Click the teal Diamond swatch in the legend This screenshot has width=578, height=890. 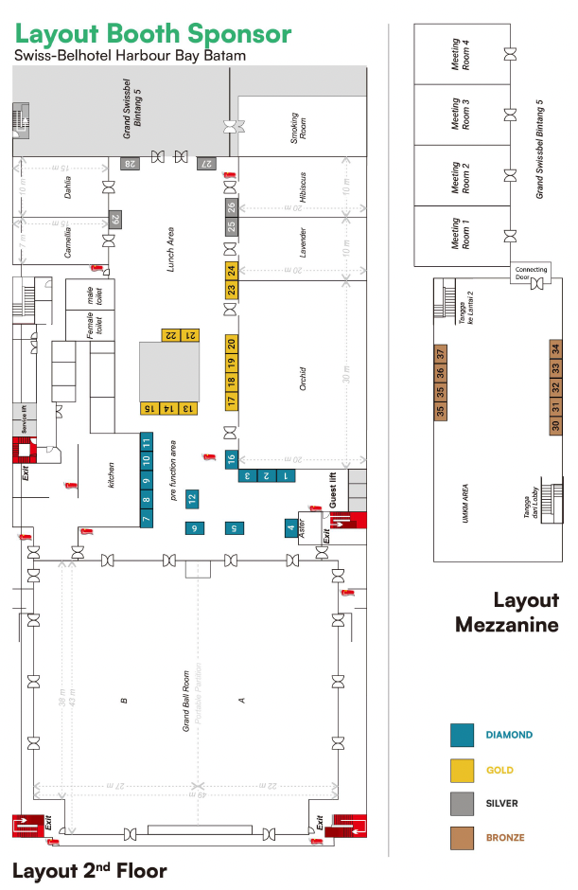pyautogui.click(x=462, y=736)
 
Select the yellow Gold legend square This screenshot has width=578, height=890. pyautogui.click(x=462, y=770)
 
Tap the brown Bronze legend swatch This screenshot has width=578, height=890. pyautogui.click(x=462, y=837)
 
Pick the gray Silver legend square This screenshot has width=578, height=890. pyautogui.click(x=462, y=803)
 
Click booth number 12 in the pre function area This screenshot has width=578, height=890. pyautogui.click(x=192, y=497)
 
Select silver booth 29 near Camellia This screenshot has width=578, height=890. pyautogui.click(x=115, y=220)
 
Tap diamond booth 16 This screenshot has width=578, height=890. pyautogui.click(x=231, y=460)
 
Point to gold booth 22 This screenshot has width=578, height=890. pyautogui.click(x=171, y=334)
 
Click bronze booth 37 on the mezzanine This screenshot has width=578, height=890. pyautogui.click(x=441, y=354)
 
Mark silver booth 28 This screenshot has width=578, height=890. pyautogui.click(x=130, y=164)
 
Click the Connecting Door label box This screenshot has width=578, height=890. pyautogui.click(x=531, y=273)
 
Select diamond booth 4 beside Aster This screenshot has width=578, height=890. pyautogui.click(x=290, y=527)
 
